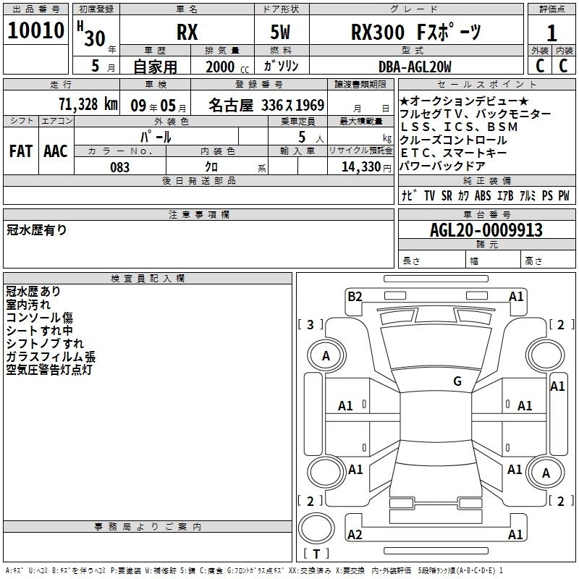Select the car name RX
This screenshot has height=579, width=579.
[187, 33]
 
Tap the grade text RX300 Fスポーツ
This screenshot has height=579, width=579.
[416, 33]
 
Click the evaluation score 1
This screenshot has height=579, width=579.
[552, 33]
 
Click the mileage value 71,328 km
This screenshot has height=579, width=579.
[88, 104]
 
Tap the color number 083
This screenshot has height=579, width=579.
[119, 167]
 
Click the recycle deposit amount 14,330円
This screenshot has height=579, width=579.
[360, 167]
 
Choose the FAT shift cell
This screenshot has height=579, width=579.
[20, 151]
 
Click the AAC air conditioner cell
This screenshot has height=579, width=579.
[55, 151]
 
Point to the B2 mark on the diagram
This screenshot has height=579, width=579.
[355, 296]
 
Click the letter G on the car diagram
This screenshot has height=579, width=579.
[457, 381]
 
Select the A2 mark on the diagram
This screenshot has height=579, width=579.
[355, 534]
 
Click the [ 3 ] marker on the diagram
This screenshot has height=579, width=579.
[310, 324]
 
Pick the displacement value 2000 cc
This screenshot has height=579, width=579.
[223, 67]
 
